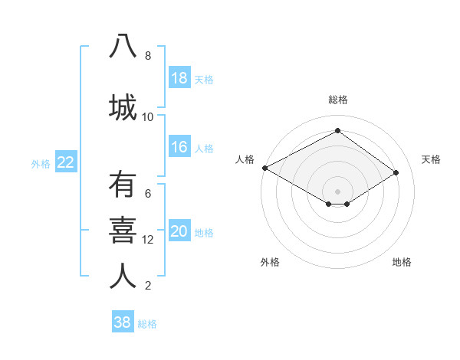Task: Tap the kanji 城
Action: pos(123,106)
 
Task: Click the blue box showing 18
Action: pos(179,78)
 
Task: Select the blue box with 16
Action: pos(179,147)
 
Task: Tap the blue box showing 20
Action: pos(179,232)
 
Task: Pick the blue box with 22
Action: pos(66,162)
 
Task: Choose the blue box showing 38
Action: pos(123,322)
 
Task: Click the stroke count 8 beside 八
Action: pos(148,56)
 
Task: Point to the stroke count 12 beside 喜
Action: pos(148,240)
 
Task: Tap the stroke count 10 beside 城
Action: pos(148,117)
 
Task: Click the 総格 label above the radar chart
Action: pos(337,100)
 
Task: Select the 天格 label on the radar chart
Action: pos(431,159)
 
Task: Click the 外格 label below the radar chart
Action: pos(270,262)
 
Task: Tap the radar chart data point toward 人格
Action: pos(264,167)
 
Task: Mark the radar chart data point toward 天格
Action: pos(396,172)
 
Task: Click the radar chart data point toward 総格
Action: pos(337,131)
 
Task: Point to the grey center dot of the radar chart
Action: pos(337,190)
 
